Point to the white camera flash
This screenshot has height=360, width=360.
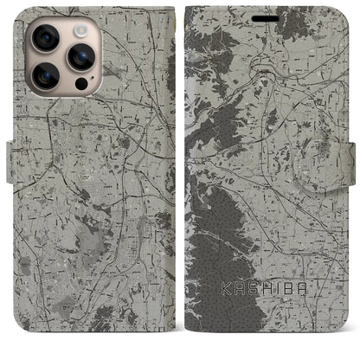click(80, 29)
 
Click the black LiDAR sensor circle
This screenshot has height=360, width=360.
click(80, 84)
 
